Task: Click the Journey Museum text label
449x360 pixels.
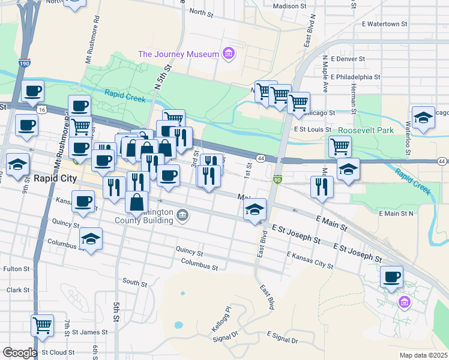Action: (178, 54)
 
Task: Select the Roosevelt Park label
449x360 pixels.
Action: (366, 130)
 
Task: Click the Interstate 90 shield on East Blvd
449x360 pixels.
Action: (277, 179)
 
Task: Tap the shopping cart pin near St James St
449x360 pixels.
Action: (42, 325)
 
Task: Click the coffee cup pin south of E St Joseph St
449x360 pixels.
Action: (391, 277)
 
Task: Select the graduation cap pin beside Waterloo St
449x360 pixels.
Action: (423, 117)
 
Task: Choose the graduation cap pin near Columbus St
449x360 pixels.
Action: (91, 238)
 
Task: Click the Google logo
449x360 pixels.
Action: (19, 353)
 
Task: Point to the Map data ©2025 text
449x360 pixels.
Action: (423, 355)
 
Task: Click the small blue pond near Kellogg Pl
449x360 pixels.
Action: (178, 326)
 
